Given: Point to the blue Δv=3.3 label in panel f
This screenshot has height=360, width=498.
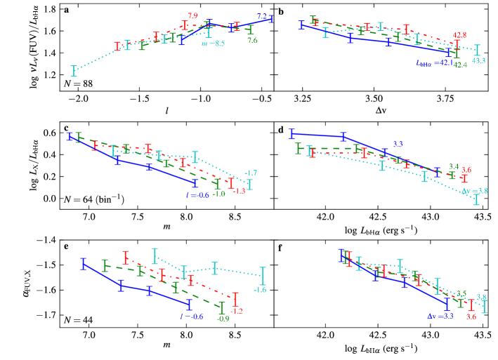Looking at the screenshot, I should point(422,316).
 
